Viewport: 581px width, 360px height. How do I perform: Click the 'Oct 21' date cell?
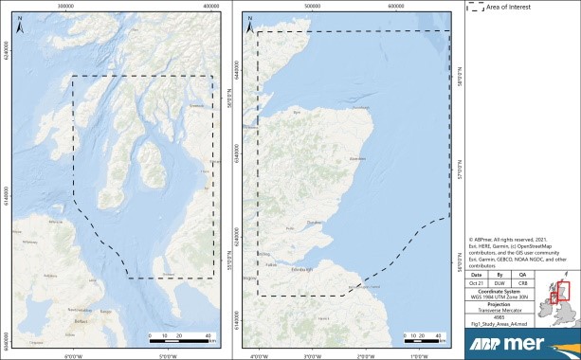482,281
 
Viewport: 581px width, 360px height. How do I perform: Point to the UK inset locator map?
556,303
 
